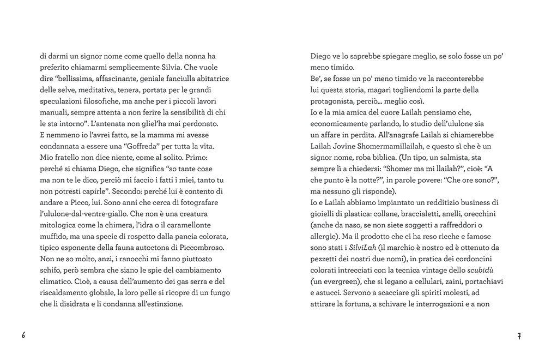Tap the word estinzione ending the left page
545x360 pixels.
[x=160, y=303]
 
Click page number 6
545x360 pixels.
[x=24, y=335]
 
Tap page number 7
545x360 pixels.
[x=519, y=335]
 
